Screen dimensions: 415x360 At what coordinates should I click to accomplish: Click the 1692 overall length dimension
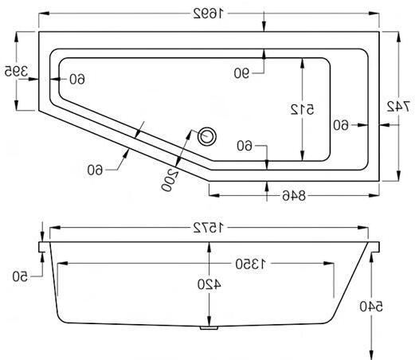[x=209, y=14]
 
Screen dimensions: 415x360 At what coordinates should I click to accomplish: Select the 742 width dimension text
[x=398, y=107]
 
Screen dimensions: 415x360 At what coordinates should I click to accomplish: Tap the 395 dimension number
[x=16, y=71]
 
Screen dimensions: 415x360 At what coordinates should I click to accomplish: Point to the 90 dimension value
[x=241, y=73]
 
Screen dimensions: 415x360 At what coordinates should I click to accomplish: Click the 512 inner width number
[x=302, y=109]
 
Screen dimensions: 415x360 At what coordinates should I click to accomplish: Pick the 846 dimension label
[x=294, y=196]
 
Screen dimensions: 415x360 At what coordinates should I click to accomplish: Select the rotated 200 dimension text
[x=169, y=180]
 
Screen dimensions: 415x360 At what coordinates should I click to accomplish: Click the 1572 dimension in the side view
[x=209, y=228]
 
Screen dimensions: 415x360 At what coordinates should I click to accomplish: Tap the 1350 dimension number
[x=250, y=264]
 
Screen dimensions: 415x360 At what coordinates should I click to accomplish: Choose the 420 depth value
[x=209, y=284]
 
